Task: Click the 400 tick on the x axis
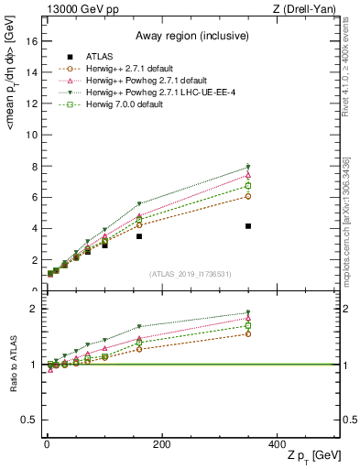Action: pyautogui.click(x=277, y=443)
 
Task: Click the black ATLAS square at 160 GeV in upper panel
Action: pyautogui.click(x=139, y=236)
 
